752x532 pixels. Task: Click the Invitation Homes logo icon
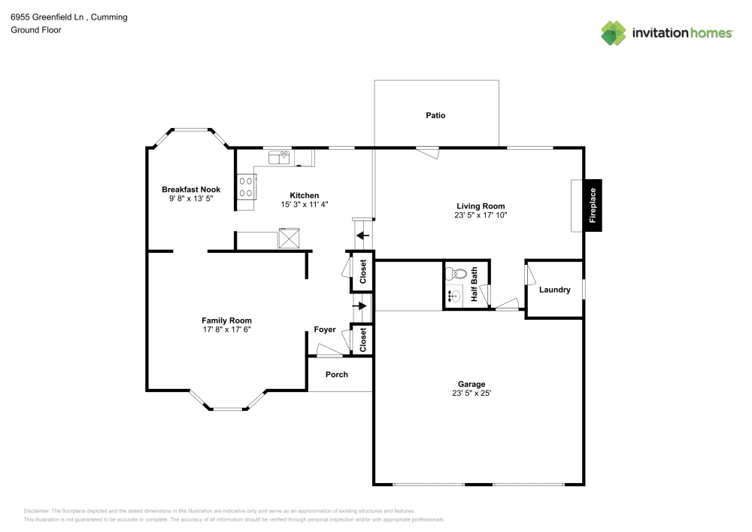[x=613, y=32]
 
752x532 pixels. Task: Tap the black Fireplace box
[x=593, y=205]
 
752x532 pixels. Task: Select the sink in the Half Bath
[x=454, y=296]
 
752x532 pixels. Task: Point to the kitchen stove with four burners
[x=247, y=186]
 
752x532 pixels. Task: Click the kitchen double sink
[x=279, y=157]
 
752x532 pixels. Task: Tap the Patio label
[x=435, y=115]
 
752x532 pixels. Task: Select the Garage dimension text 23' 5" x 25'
[x=472, y=393]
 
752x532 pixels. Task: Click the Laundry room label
[x=554, y=290]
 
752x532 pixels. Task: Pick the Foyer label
[x=325, y=330]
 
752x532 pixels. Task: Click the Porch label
[x=336, y=374]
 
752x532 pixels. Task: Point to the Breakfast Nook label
[x=191, y=189]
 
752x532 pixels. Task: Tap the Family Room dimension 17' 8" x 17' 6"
[x=226, y=329]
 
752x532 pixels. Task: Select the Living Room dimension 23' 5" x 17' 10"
[x=481, y=214]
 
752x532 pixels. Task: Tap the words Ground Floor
[x=35, y=30]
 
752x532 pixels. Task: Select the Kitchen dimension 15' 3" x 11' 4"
[x=305, y=204]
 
